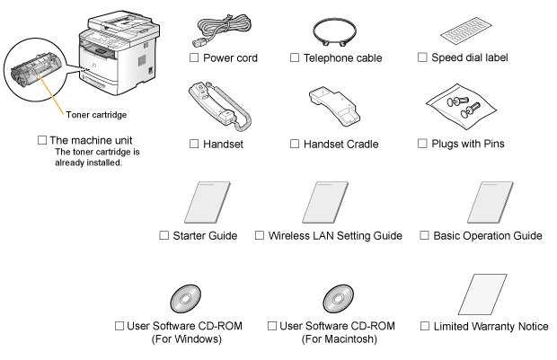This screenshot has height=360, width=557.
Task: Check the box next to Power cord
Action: pyautogui.click(x=192, y=58)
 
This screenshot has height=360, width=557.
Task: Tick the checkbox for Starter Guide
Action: pyautogui.click(x=163, y=235)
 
